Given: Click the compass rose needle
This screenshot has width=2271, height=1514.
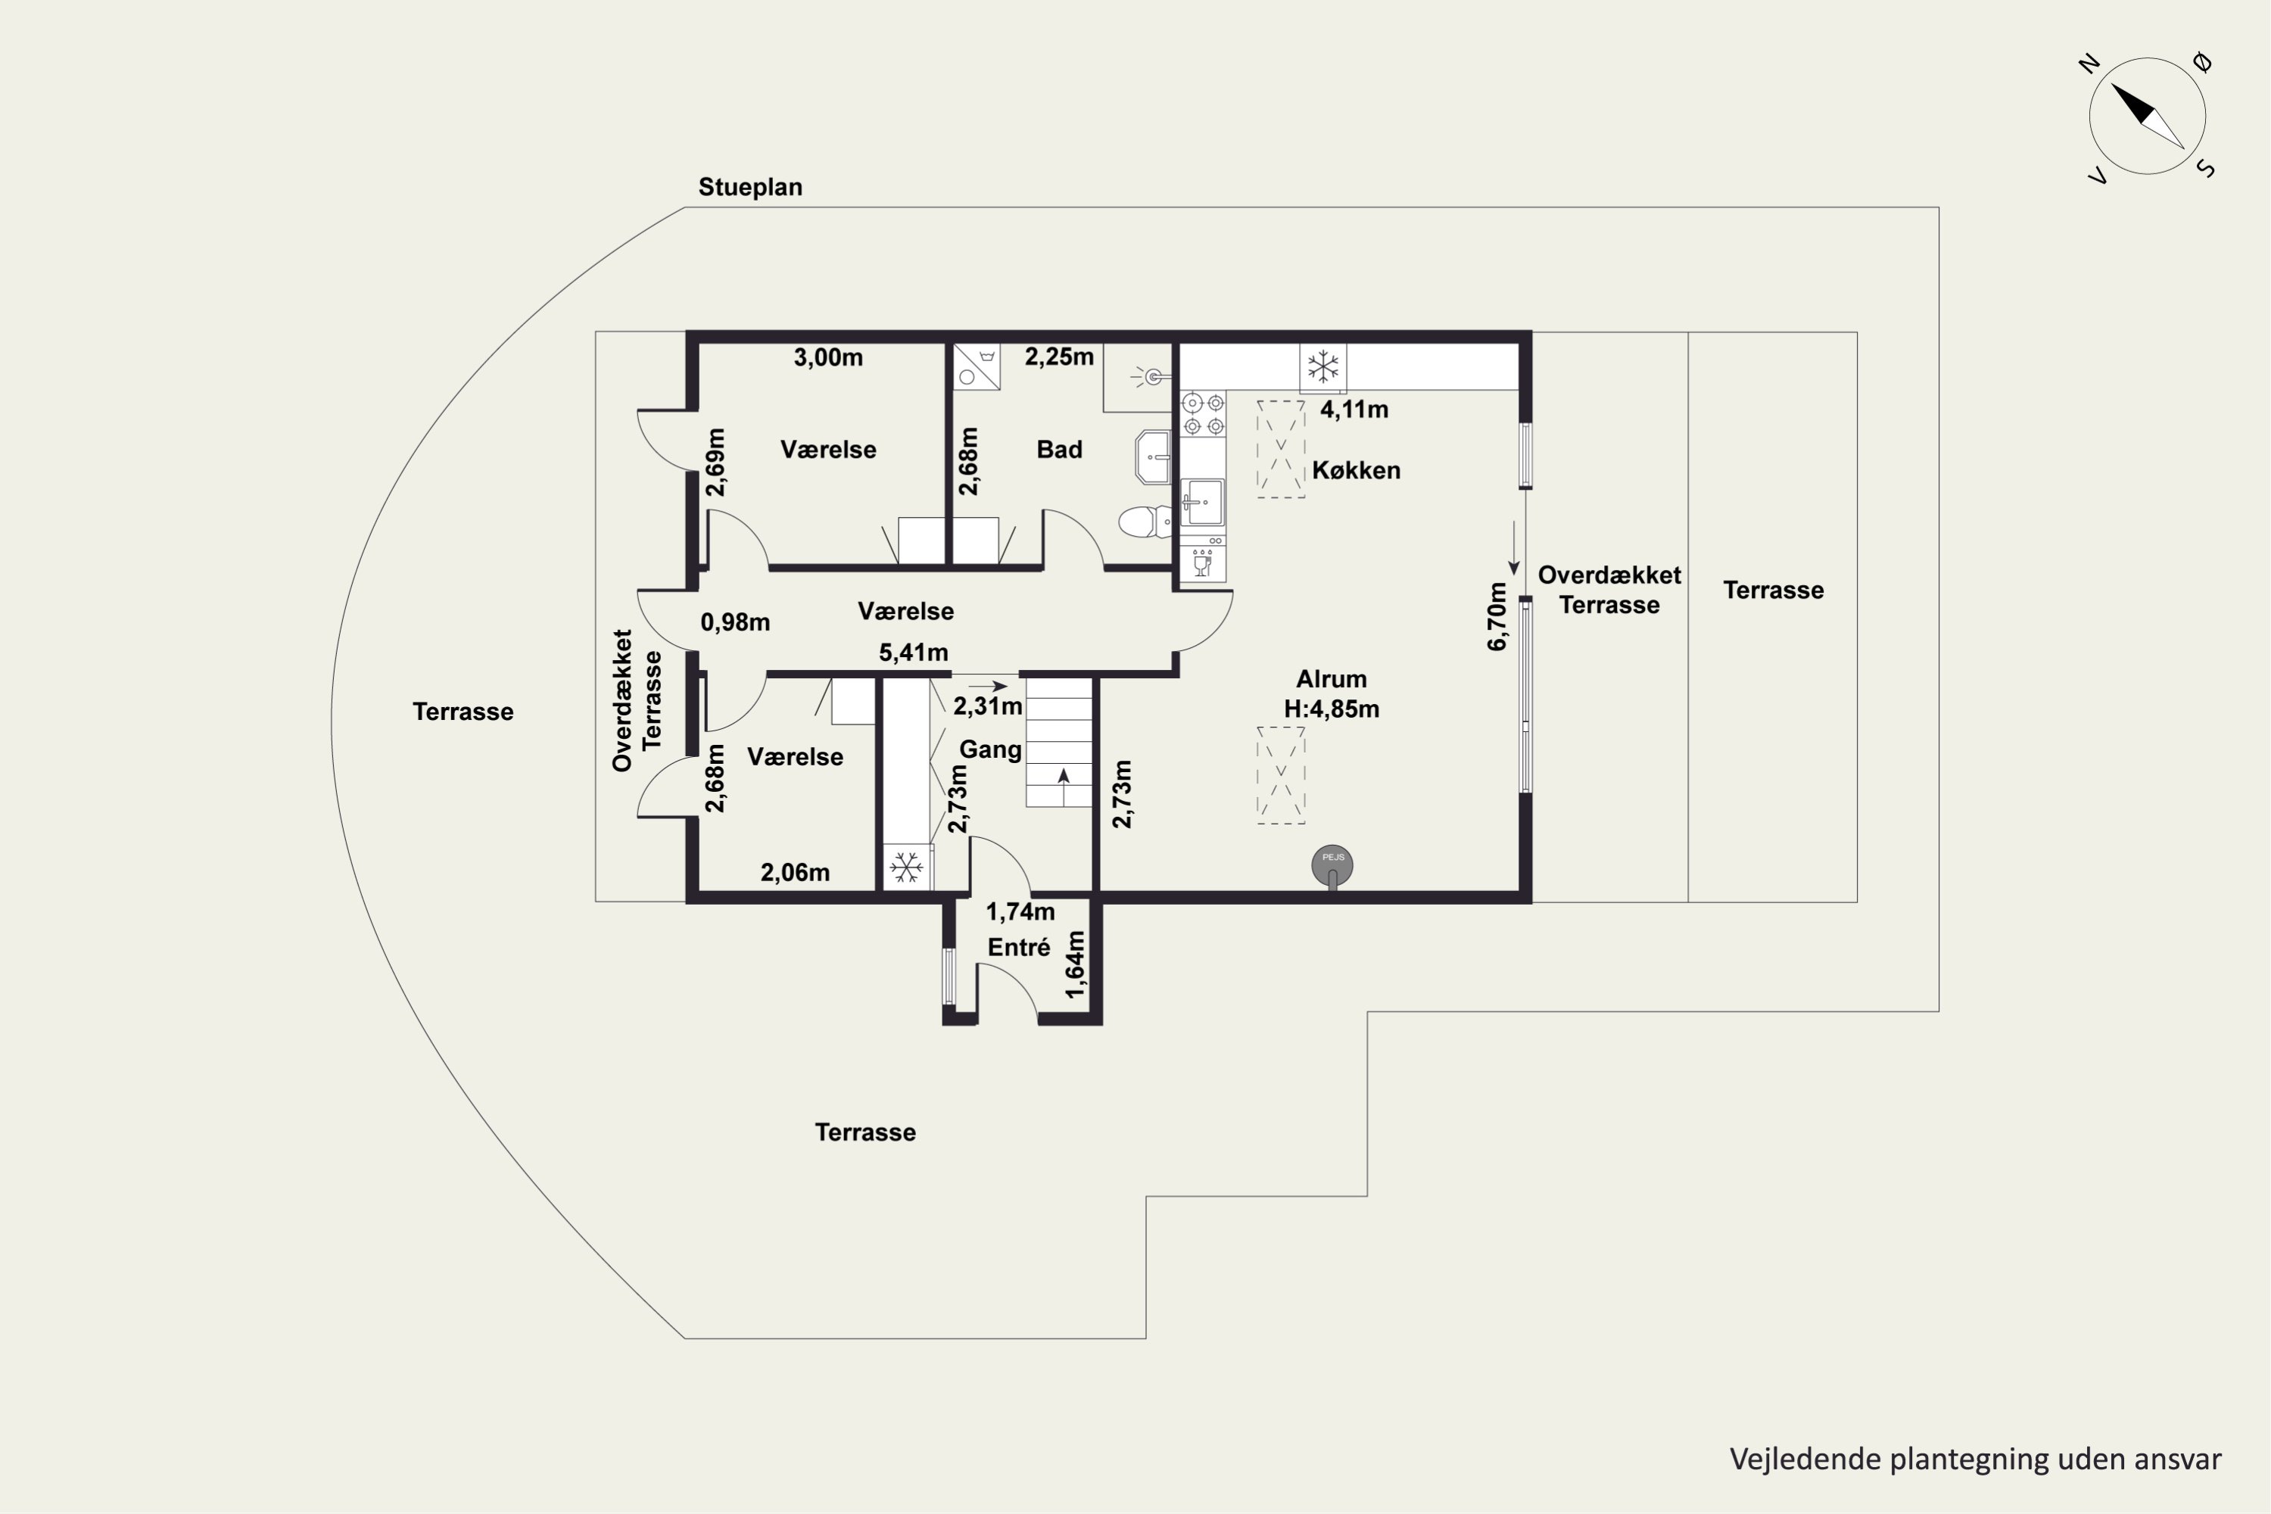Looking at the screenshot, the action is coord(2148,116).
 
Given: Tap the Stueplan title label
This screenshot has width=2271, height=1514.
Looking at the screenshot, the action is coord(750,187).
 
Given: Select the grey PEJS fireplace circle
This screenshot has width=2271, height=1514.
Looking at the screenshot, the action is coord(1332,865).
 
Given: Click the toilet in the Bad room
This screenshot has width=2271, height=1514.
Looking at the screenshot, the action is coord(1145,522).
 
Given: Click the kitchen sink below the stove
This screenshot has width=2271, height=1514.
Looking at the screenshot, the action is coord(1203,502).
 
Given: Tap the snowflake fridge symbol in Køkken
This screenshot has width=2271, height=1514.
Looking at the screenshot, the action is coord(1322,367).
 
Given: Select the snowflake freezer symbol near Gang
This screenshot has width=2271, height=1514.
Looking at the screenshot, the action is coord(905,867).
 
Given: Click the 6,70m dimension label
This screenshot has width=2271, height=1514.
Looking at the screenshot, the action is coord(1497,617).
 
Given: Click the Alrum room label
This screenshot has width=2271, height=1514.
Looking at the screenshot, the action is coord(1332,679).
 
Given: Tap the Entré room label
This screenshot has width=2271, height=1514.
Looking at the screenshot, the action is coord(1019,947).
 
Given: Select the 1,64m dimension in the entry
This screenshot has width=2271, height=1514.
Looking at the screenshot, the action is coord(1075,964).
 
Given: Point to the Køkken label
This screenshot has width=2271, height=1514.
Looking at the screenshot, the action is coord(1356,470).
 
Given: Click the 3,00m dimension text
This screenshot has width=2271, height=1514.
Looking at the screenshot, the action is coord(828,357).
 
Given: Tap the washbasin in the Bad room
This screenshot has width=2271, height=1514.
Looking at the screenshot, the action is coord(1154,456).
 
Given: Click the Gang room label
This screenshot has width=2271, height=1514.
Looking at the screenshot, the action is coord(989,750).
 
